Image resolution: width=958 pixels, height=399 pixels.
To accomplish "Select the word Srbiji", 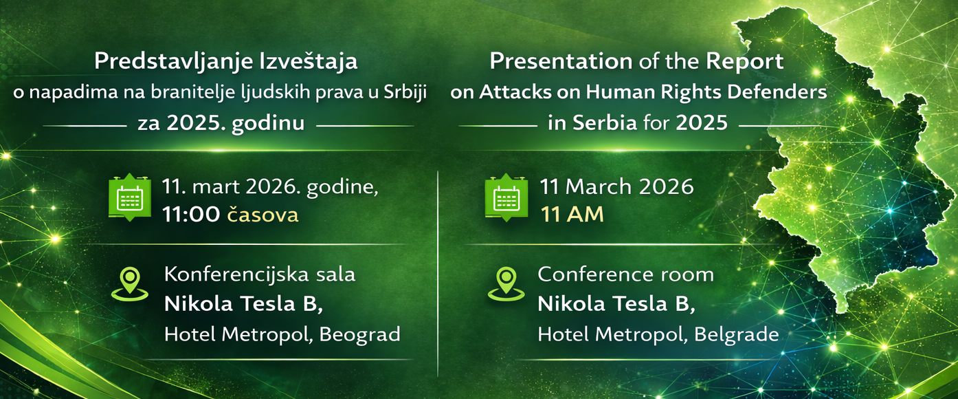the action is coord(405,92).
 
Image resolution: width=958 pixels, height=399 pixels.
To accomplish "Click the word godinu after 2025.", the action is coord(268,123).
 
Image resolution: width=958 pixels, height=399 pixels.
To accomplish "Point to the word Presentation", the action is coord(561,61).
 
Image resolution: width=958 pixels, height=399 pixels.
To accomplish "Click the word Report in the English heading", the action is coord(744,62).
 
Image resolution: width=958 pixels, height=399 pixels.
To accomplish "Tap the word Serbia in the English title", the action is coord(605,123).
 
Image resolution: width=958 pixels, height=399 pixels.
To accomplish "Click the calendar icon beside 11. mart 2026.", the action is coord(130,197).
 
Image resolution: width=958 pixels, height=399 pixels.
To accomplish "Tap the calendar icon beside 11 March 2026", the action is coord(506,197).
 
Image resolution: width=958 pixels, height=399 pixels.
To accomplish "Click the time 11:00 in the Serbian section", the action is coord(191,215).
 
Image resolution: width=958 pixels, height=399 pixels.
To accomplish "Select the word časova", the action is coord(263,214).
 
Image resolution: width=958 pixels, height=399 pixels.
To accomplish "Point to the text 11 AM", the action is coord(572,214).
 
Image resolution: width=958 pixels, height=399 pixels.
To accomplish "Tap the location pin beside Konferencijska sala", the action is coord(130,284).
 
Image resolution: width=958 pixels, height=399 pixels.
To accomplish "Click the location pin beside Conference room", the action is coord(506,284).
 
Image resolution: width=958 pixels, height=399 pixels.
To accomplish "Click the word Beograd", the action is coord(359,335).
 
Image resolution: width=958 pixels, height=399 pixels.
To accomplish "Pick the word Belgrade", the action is coord(737,335).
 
